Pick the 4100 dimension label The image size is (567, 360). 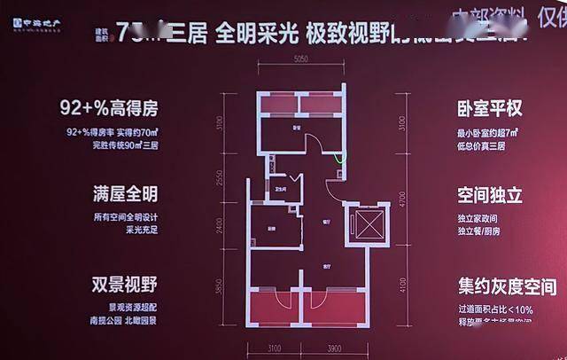click(x=400, y=286)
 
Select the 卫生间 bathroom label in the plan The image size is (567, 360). click(x=279, y=187)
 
